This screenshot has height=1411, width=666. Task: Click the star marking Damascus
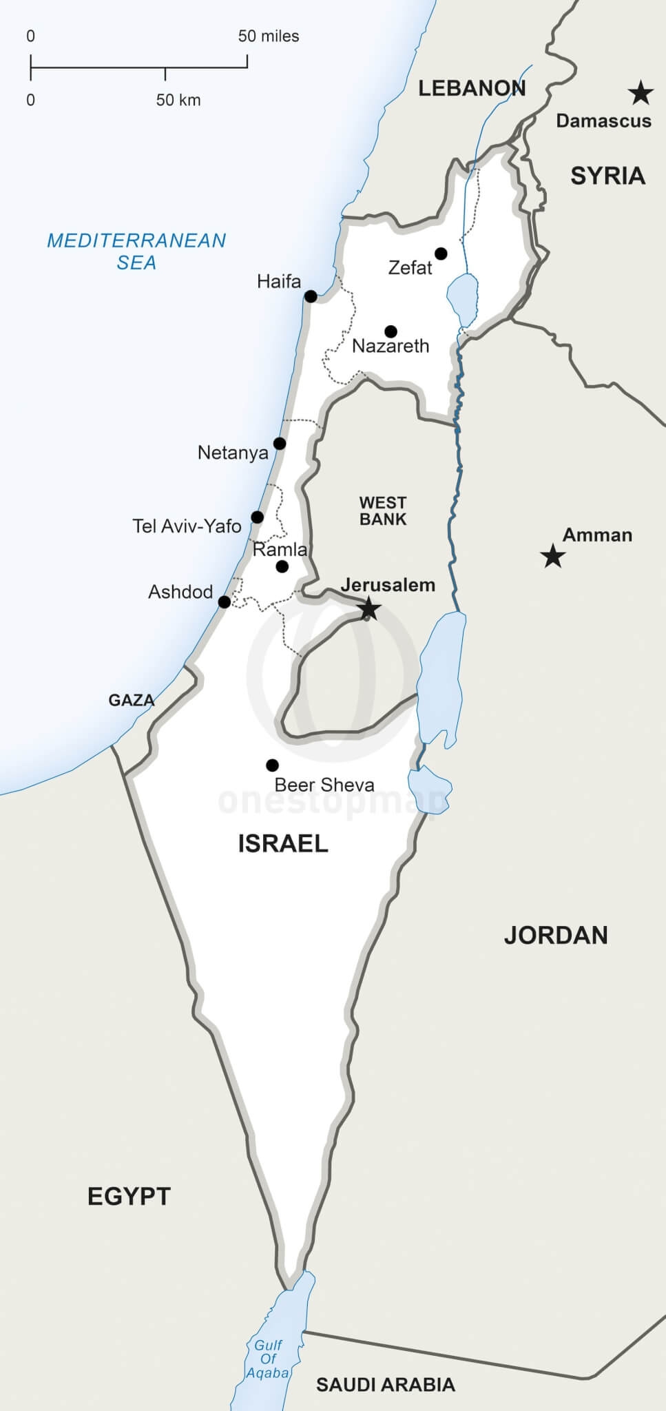tap(641, 92)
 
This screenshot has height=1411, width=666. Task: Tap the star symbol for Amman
tap(552, 555)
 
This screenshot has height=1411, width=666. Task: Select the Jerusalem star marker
tap(369, 608)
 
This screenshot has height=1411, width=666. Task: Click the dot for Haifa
tap(311, 297)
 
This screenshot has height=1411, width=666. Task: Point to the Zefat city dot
tap(441, 254)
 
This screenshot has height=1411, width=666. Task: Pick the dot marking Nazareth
tap(391, 331)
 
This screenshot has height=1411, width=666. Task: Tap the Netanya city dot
tap(280, 443)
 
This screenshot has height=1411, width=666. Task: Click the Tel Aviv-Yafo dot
tap(257, 517)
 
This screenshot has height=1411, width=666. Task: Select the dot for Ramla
tap(282, 567)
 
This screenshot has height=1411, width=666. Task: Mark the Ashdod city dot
tap(224, 602)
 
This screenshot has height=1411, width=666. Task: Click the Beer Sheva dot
tap(272, 765)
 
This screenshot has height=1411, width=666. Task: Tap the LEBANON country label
tap(472, 88)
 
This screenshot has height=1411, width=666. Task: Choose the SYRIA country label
tap(607, 176)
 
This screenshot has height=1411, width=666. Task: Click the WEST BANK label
tap(383, 511)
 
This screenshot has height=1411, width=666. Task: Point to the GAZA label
tap(132, 701)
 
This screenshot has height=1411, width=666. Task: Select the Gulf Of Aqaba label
tap(268, 1359)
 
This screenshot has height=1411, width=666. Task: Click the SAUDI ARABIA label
tap(386, 1385)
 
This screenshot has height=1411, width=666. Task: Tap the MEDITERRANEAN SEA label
tap(136, 251)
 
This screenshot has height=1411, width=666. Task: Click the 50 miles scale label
tap(269, 37)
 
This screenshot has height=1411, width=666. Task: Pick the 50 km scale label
tap(178, 101)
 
